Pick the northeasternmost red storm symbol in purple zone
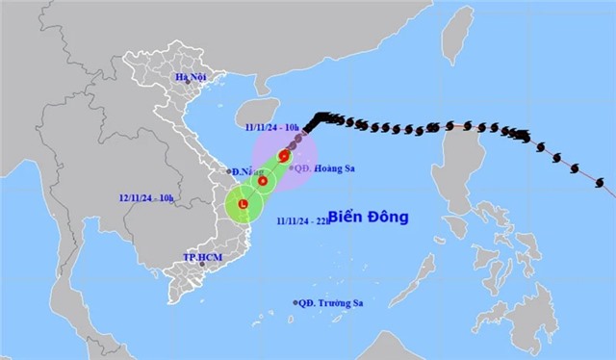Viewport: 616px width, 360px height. click(x=284, y=156)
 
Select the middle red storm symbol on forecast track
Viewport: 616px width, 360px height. click(x=263, y=180)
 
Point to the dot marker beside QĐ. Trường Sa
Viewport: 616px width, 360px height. click(x=295, y=303)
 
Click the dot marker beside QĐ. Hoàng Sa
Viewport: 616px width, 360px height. click(x=292, y=167)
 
